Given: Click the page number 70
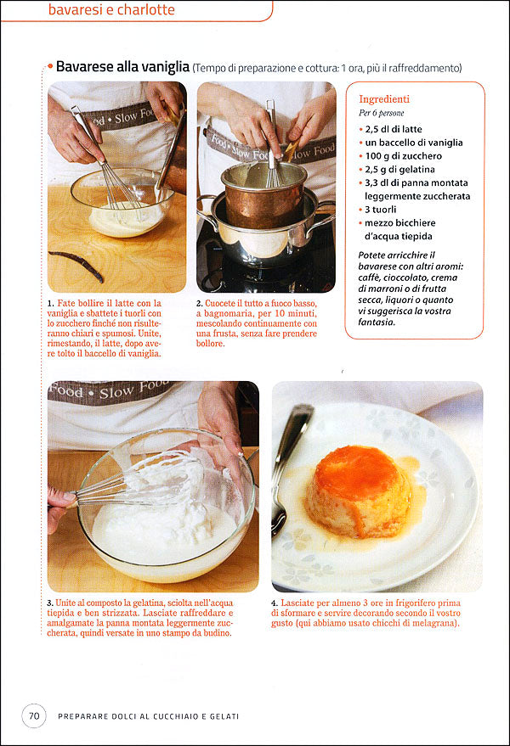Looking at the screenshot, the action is tap(34, 715).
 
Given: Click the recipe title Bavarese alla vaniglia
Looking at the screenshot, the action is tap(122, 66).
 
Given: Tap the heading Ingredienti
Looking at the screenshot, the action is tap(384, 99).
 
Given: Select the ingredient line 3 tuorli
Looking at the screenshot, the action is tap(380, 210).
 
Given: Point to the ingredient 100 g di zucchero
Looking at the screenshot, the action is tap(403, 156).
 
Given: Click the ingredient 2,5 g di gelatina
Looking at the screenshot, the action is tap(399, 170).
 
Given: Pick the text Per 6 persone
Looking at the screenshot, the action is tap(382, 113).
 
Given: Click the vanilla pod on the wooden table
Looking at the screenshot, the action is tap(76, 265).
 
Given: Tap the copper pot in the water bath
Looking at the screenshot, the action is tap(263, 195).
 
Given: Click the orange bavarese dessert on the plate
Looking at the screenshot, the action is tap(358, 491).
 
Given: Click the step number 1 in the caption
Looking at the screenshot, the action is tap(50, 304).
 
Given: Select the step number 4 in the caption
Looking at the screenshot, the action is tap(274, 603).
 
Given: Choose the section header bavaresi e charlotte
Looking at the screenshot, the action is tap(111, 9).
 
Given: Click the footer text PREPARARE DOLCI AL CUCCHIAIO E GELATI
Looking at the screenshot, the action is tap(148, 716).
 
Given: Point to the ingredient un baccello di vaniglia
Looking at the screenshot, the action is tap(414, 143).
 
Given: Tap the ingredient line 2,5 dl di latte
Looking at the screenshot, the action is tap(394, 129).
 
